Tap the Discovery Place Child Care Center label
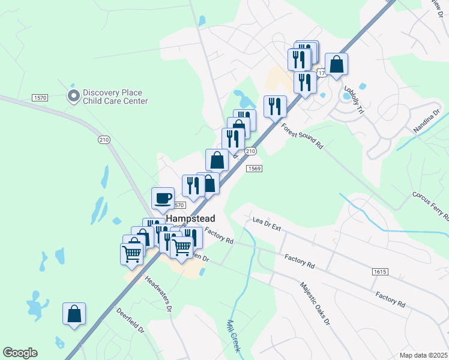pos(115,97)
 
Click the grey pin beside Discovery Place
pos(74,96)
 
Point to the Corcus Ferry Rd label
pos(430,206)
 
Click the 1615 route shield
pos(379,272)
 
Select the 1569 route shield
pos(253,169)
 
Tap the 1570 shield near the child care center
pos(41,98)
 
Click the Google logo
pos(20,353)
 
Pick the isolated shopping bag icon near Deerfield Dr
pos(74,314)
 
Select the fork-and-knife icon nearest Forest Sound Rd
pos(275,107)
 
